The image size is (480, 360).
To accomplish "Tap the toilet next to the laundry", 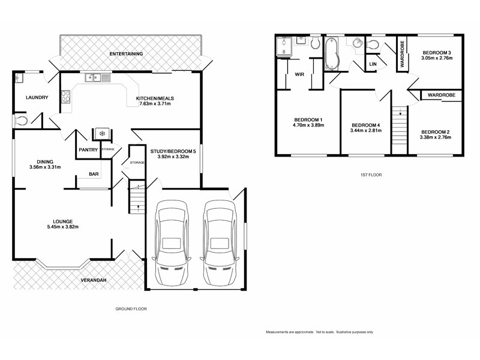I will pos(22,121).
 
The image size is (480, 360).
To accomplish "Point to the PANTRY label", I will pos(88,150).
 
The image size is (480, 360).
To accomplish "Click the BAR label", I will pos(94,174).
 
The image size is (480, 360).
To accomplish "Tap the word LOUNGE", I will pos(62,220).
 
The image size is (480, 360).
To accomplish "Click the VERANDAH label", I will pos(94,281).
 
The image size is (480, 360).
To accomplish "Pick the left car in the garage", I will pos(172,243).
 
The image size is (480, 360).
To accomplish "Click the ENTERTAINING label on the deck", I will pos(126,54).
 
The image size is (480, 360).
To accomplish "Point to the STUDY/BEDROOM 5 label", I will pos(173,151).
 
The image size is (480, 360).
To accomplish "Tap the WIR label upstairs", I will pos(299,75).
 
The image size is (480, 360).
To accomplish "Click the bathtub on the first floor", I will pos(332,53).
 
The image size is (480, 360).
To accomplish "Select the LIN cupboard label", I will pos(373,64).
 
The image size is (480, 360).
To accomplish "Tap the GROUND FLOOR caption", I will pos(131,309).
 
